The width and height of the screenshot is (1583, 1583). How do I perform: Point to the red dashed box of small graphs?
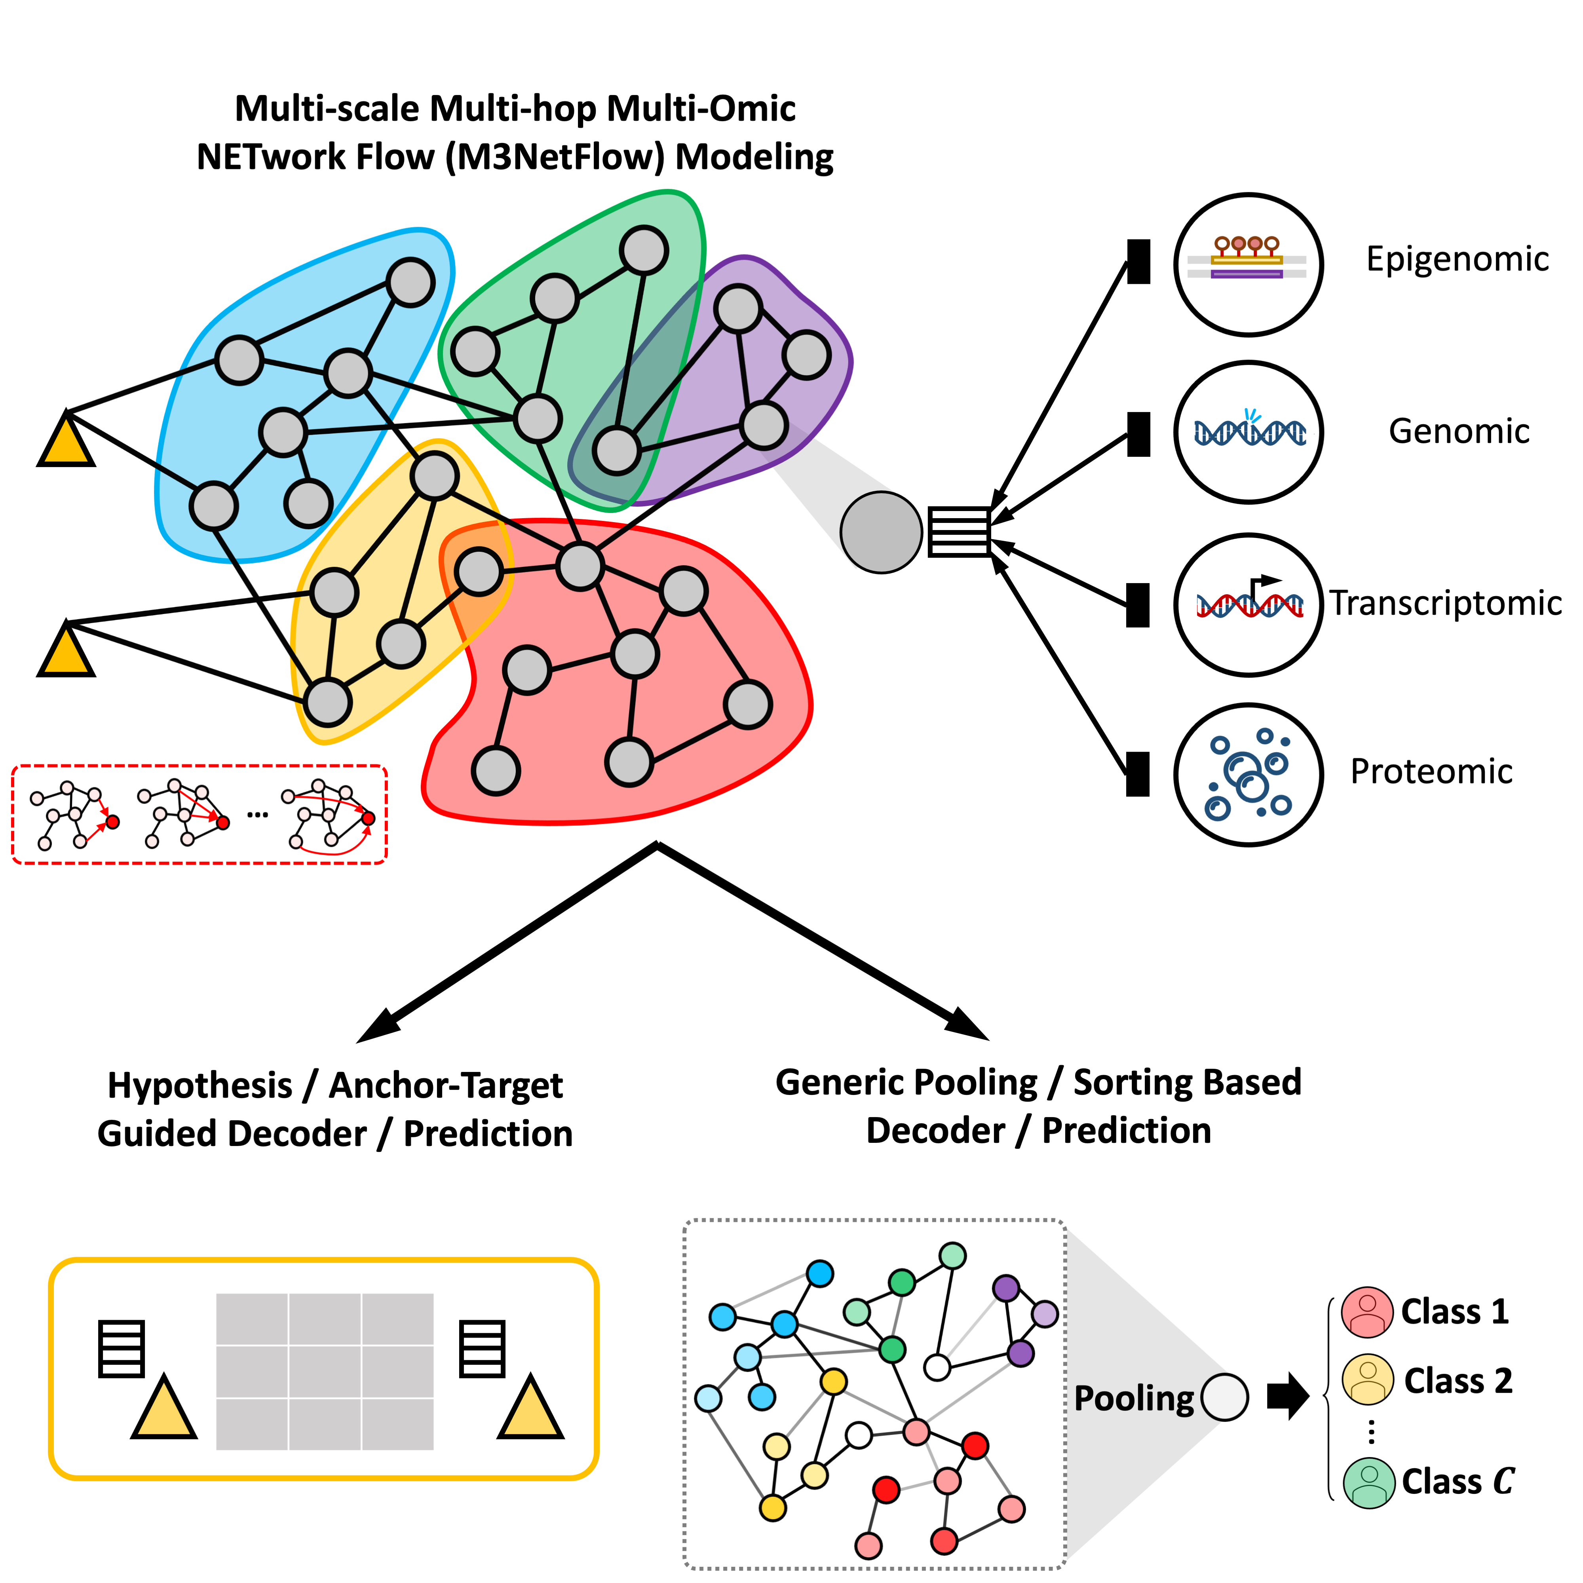coord(199,814)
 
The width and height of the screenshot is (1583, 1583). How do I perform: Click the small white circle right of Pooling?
coord(1224,1397)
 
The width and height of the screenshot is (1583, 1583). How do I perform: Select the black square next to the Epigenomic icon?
coord(1138,261)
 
